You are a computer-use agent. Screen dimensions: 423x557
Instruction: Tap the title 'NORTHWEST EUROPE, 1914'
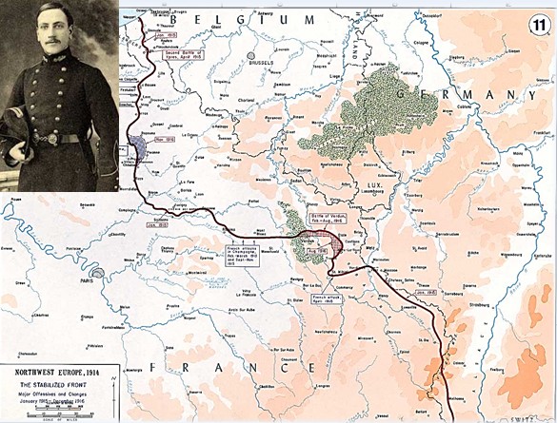coord(58,372)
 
